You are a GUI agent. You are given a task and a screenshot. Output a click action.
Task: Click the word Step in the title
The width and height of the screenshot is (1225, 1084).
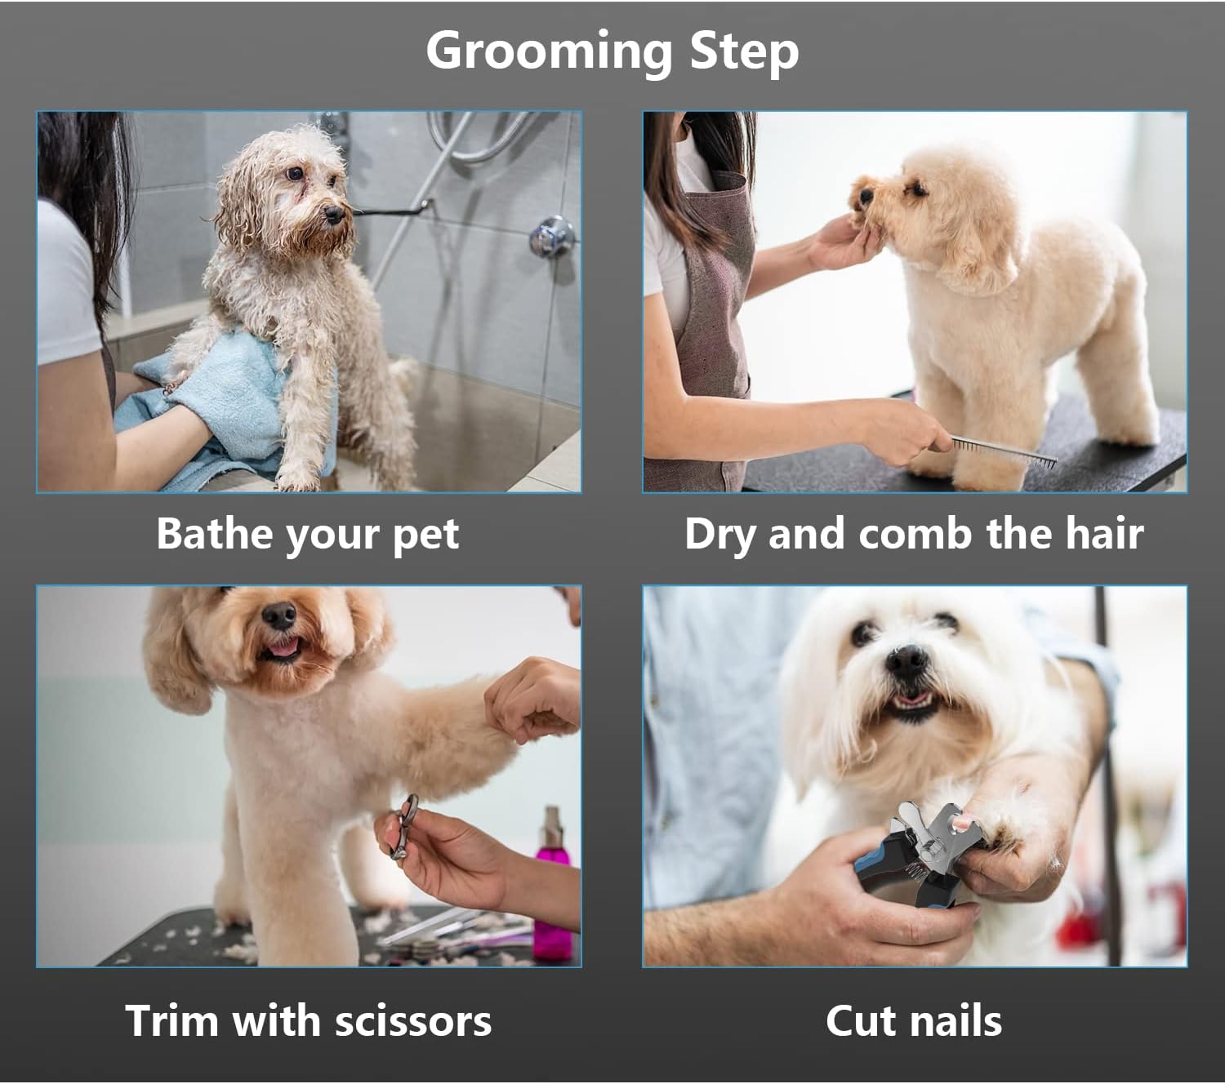tap(744, 51)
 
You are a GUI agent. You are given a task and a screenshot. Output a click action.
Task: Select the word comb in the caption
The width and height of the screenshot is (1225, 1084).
tap(916, 534)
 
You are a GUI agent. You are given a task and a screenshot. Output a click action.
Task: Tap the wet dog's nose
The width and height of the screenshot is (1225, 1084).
tap(333, 215)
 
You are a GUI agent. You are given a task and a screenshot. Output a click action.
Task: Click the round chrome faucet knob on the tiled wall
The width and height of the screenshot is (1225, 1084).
tap(550, 237)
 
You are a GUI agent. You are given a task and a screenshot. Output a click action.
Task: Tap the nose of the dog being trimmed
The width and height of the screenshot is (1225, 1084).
tap(280, 614)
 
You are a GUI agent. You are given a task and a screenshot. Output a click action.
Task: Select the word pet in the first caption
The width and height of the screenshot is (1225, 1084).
tap(425, 535)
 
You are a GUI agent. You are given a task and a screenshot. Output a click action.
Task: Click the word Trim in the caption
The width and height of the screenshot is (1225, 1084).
tap(171, 1021)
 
